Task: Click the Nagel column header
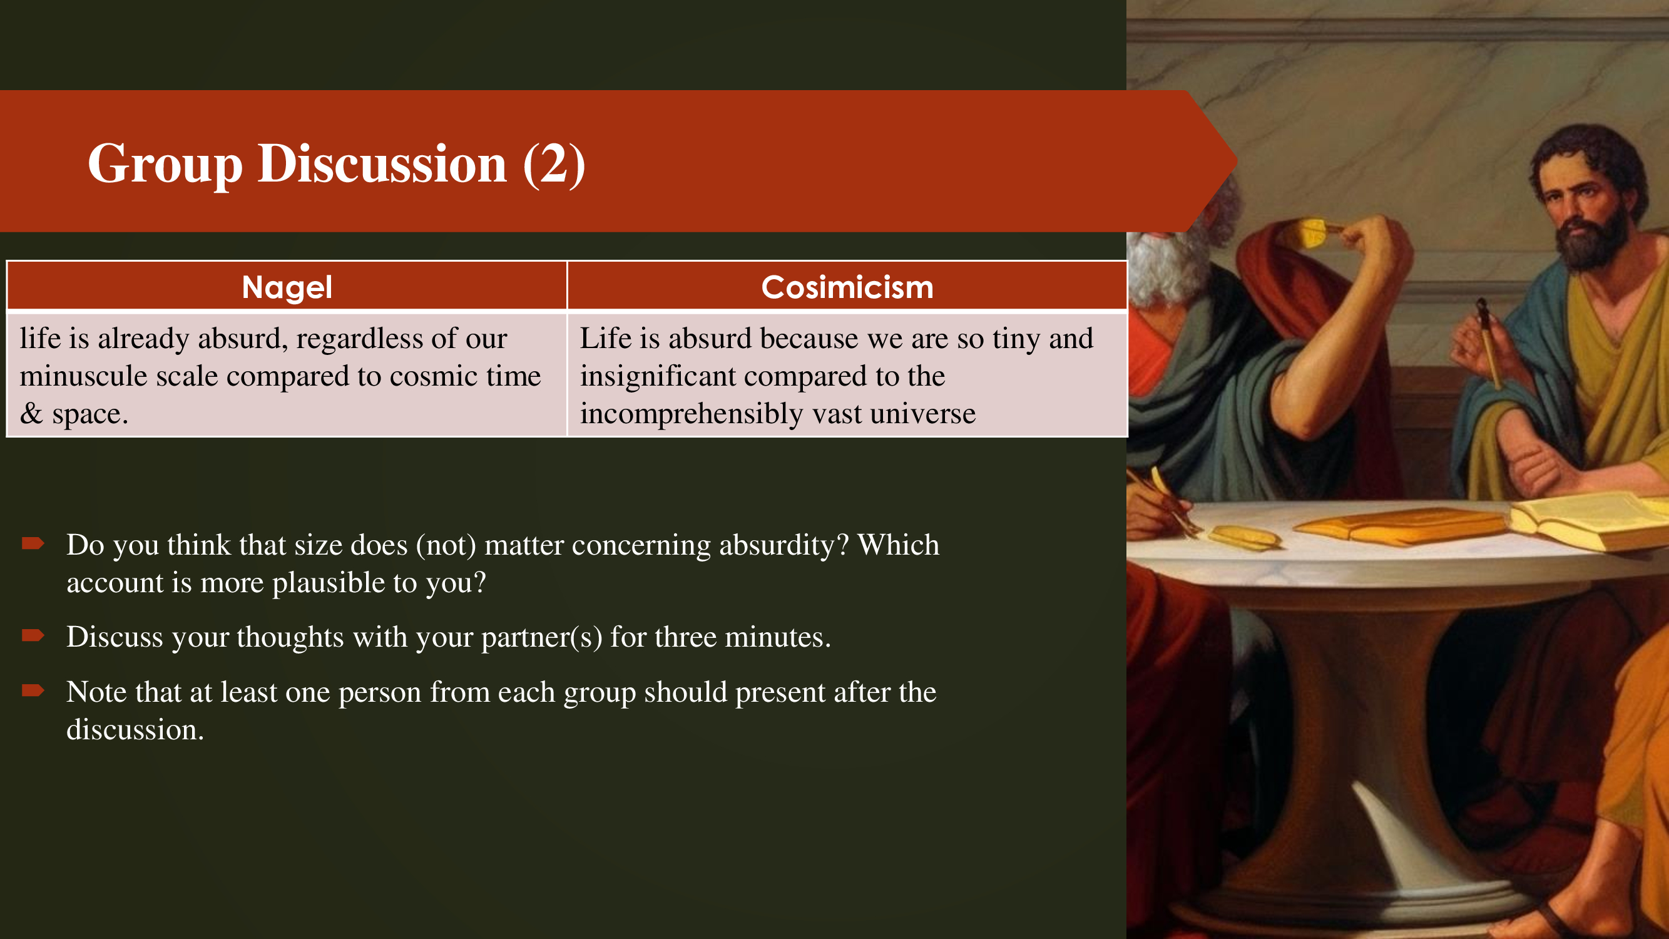(x=287, y=287)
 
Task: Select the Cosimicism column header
(x=847, y=287)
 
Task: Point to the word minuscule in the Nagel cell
(x=84, y=376)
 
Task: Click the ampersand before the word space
(x=31, y=413)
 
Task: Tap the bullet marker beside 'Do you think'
(x=33, y=543)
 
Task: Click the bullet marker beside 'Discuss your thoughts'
(x=33, y=635)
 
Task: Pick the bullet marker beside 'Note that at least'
(x=33, y=690)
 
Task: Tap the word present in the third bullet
(x=780, y=693)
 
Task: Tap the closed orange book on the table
(x=1399, y=525)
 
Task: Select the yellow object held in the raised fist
(x=1312, y=233)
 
